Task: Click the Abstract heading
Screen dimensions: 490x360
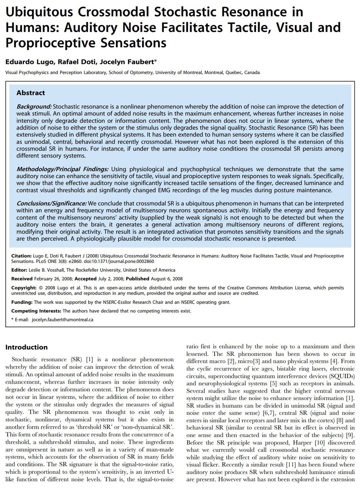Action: [31, 93]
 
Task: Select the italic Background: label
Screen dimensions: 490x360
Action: [34, 107]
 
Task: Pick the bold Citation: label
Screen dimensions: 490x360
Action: [22, 256]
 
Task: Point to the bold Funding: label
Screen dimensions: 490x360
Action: [22, 302]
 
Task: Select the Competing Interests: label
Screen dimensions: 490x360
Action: [36, 311]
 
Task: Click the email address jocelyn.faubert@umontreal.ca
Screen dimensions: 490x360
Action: [62, 320]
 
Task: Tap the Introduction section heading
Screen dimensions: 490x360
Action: [27, 347]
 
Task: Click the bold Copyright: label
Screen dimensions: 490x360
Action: [24, 288]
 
